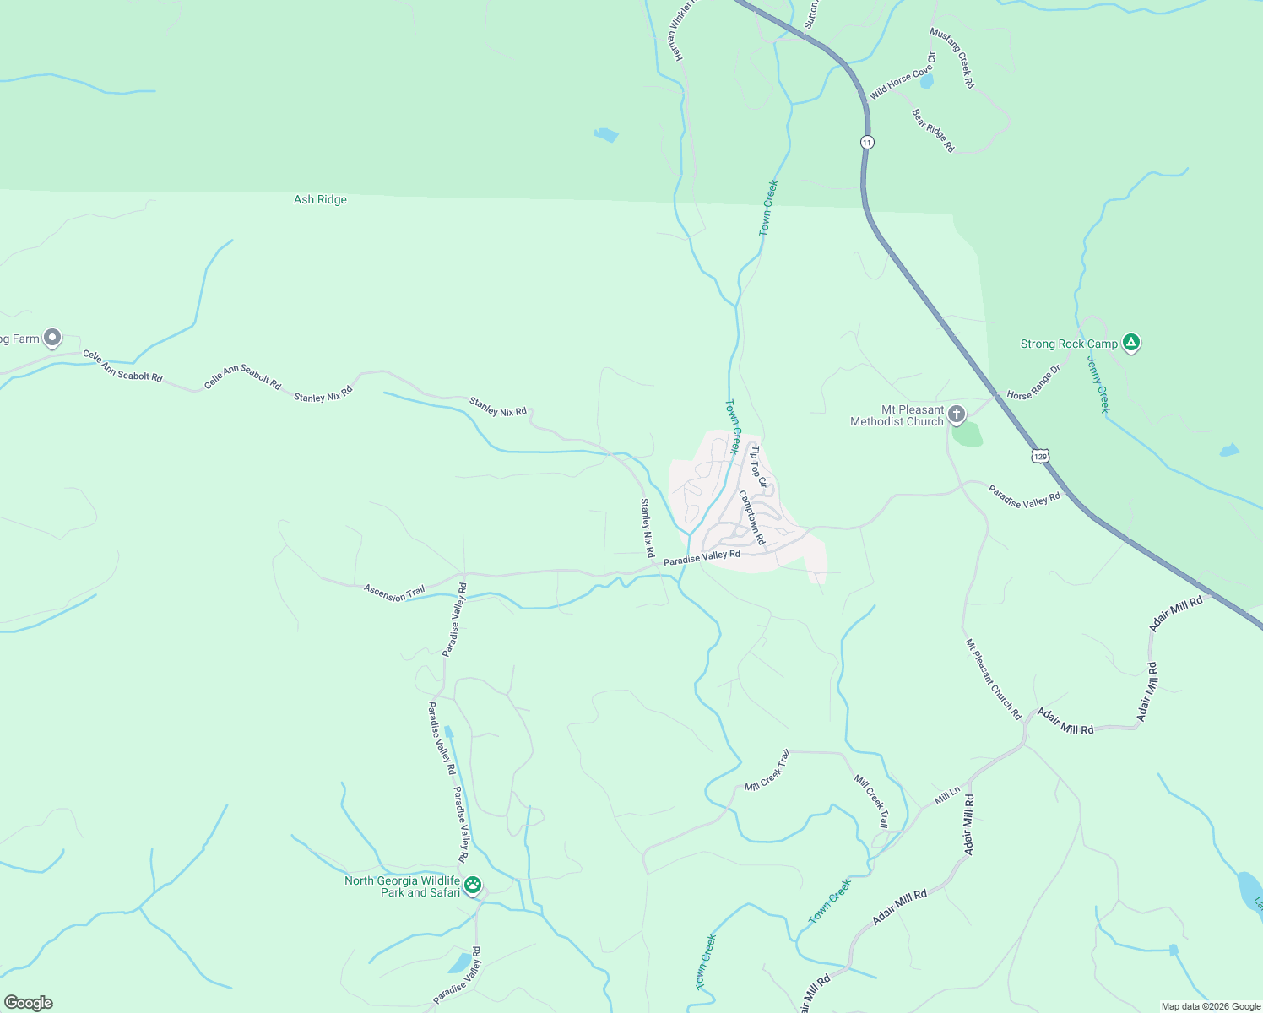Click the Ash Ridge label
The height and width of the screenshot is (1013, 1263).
(x=320, y=200)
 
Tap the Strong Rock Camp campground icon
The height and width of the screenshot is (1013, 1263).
(x=1131, y=343)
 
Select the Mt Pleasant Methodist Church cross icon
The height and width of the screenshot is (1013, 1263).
(x=956, y=414)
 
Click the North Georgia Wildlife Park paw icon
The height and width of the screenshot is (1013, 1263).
(x=473, y=885)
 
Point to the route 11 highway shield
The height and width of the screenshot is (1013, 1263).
(x=867, y=142)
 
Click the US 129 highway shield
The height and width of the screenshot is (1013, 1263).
(x=1040, y=456)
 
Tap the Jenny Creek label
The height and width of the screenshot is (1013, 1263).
(x=1098, y=383)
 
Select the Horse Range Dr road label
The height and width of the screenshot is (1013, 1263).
(x=1033, y=382)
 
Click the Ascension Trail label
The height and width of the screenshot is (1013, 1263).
(x=394, y=593)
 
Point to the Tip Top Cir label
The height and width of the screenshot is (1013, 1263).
(x=758, y=467)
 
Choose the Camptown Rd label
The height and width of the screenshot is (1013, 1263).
(x=751, y=517)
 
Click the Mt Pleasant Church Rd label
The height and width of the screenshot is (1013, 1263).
(x=994, y=680)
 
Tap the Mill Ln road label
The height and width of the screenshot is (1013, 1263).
(x=947, y=795)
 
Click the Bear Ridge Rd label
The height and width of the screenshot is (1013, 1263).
(x=933, y=131)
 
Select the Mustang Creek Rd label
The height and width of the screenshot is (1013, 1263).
(x=952, y=58)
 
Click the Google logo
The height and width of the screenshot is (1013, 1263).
(x=29, y=1003)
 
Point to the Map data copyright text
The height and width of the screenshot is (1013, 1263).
(x=1210, y=1006)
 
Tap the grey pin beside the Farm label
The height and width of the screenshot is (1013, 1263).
(x=52, y=338)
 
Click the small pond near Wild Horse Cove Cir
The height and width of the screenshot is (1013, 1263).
(x=926, y=83)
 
